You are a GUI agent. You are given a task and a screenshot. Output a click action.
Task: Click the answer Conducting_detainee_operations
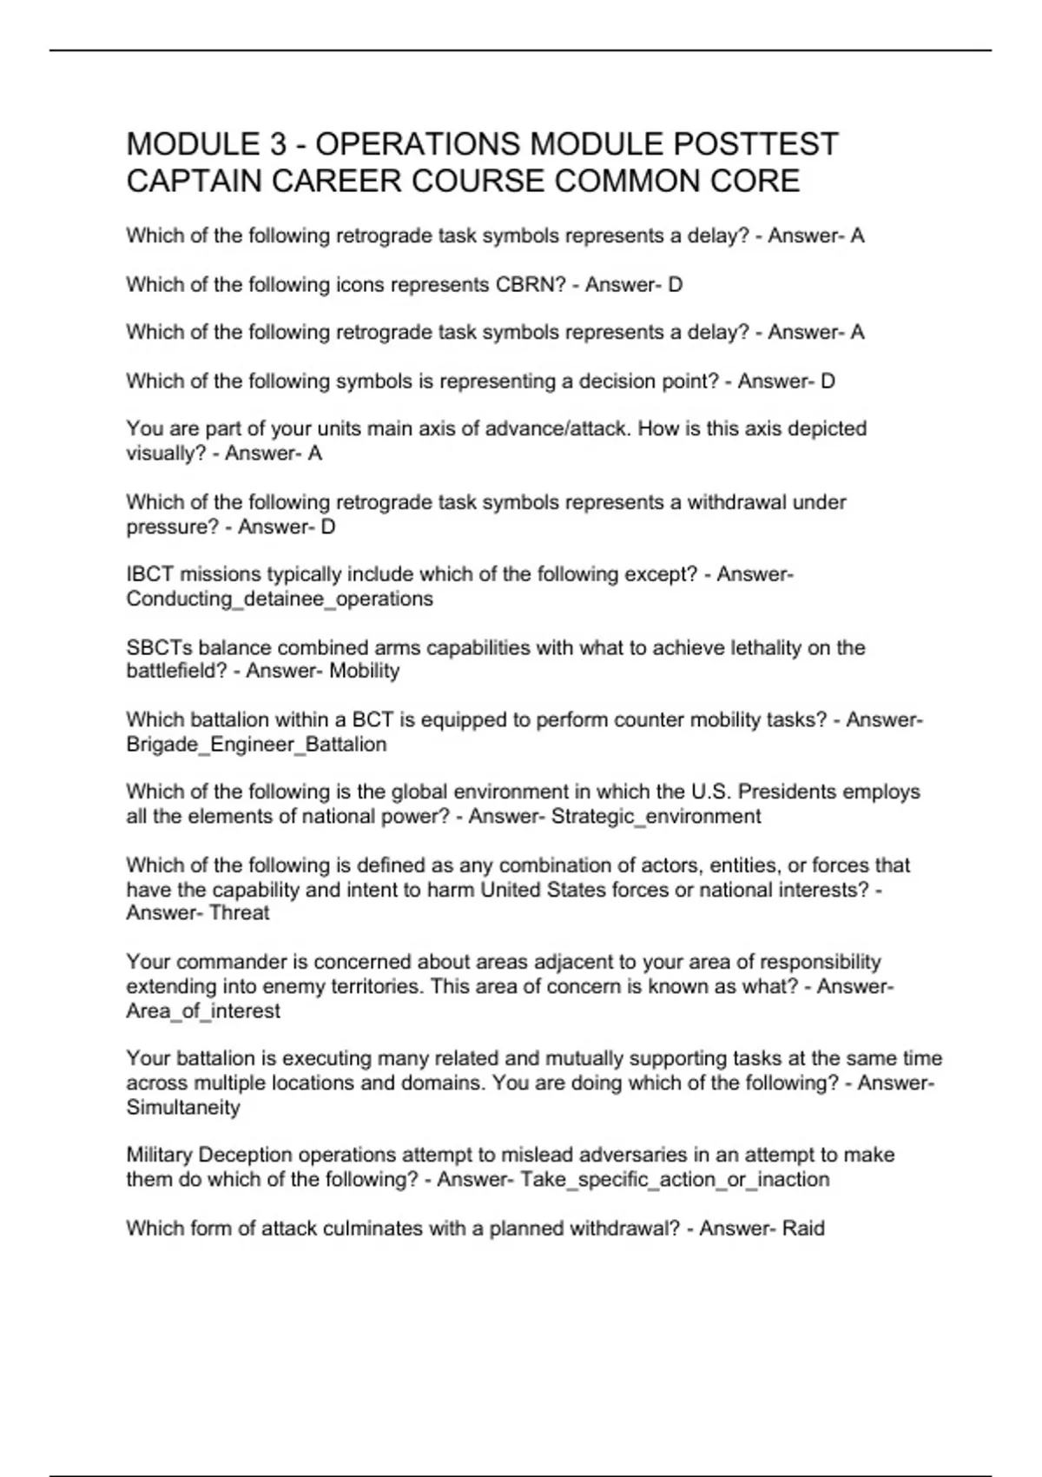[x=279, y=599]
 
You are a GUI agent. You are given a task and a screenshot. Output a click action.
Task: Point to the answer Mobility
[x=364, y=671]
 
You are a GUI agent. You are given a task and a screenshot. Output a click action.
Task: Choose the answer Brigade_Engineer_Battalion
[x=256, y=744]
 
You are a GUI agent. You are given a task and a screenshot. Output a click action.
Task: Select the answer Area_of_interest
[x=203, y=1010]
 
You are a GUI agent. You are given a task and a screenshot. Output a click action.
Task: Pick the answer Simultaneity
[x=182, y=1107]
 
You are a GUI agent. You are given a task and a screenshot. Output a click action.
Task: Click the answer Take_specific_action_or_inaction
[x=674, y=1179]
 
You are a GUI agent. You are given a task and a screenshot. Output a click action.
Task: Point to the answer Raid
[x=803, y=1229]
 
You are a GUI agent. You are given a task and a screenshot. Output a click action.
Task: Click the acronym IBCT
[x=150, y=574]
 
